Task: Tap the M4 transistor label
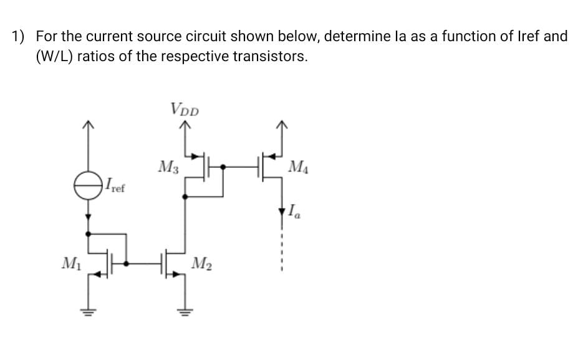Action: (299, 167)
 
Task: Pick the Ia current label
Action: (294, 212)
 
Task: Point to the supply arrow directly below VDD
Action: (184, 127)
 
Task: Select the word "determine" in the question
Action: (352, 36)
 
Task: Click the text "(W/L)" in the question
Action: (54, 57)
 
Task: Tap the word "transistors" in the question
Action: (270, 57)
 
